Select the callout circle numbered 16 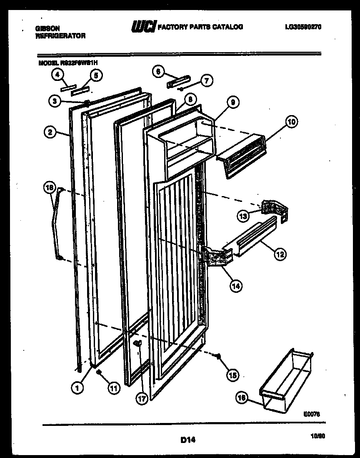pyautogui.click(x=240, y=398)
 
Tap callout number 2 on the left pyautogui.click(x=50, y=133)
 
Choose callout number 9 pyautogui.click(x=233, y=101)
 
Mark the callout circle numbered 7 pyautogui.click(x=205, y=81)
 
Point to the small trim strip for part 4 pyautogui.click(x=67, y=88)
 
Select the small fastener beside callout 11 pyautogui.click(x=99, y=372)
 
